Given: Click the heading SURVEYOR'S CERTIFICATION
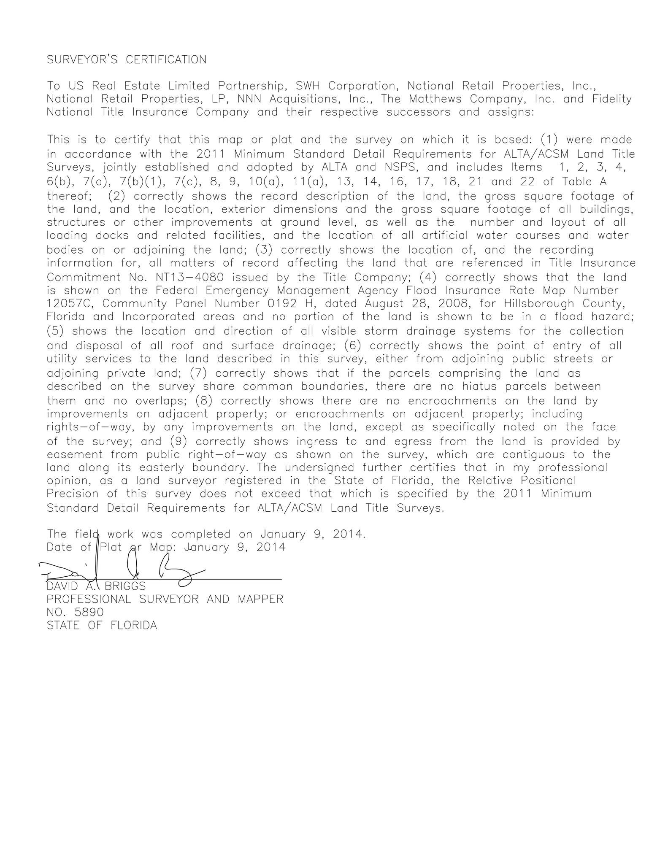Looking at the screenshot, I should [127, 60].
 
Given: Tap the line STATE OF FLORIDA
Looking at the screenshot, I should [102, 625].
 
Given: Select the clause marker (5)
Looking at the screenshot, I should [56, 331].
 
